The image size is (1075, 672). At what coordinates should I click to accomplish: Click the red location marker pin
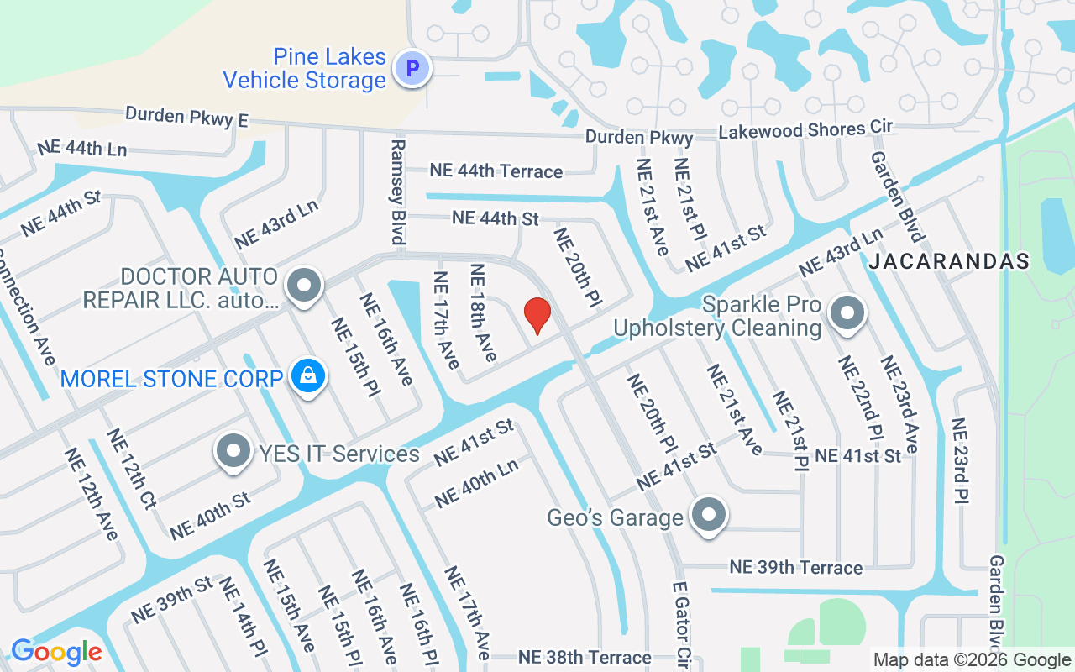coord(537,316)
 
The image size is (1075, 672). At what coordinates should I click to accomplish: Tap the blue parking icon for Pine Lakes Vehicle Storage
coord(412,69)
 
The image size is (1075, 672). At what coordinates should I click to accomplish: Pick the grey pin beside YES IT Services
coord(234,453)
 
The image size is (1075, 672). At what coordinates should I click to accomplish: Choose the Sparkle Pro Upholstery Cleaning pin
coord(847,314)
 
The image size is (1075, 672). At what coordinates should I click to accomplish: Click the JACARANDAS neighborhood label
coord(949,261)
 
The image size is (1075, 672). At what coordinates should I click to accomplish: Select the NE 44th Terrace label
coord(496,171)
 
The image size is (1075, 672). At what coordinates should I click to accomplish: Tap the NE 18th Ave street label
coord(484,312)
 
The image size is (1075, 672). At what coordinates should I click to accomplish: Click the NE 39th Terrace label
coord(795,567)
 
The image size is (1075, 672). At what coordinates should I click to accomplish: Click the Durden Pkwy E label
coord(186,117)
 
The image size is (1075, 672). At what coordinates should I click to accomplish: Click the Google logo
coord(56,652)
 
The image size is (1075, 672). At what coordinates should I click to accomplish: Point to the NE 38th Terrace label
coord(585,657)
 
